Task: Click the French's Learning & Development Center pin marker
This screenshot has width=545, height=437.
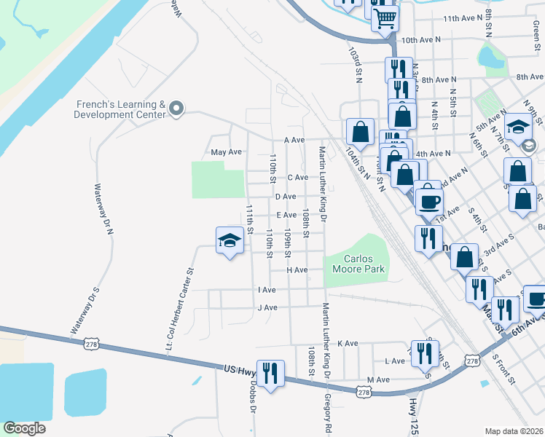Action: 176,109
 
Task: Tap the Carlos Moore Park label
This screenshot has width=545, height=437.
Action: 353,264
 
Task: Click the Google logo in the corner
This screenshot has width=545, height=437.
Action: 24,428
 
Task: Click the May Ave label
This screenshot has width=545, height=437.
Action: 225,152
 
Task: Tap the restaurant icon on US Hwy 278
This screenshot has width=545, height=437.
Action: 270,372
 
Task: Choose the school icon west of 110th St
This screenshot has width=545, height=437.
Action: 229,241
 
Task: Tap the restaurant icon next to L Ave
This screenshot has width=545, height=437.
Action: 426,354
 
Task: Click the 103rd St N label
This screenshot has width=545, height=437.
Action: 356,64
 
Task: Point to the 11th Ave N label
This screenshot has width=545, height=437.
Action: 463,17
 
